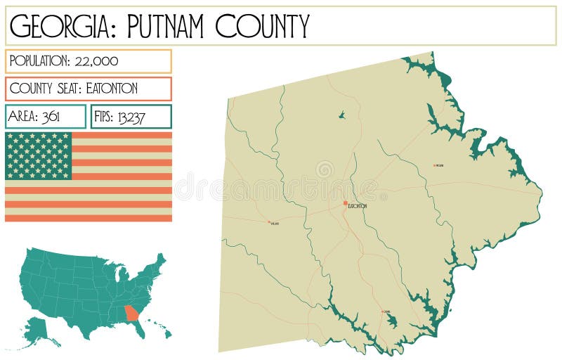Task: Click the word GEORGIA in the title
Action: pyautogui.click(x=57, y=26)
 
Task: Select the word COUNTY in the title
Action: pyautogui.click(x=262, y=26)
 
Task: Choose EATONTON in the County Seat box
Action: pyautogui.click(x=112, y=89)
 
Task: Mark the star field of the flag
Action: pyautogui.click(x=39, y=155)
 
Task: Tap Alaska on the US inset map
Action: pyautogui.click(x=39, y=329)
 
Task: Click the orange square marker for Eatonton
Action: pyautogui.click(x=345, y=202)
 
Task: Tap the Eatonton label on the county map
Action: pyautogui.click(x=358, y=206)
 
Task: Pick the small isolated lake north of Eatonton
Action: pyautogui.click(x=341, y=115)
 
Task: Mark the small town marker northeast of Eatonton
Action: pyautogui.click(x=435, y=165)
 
